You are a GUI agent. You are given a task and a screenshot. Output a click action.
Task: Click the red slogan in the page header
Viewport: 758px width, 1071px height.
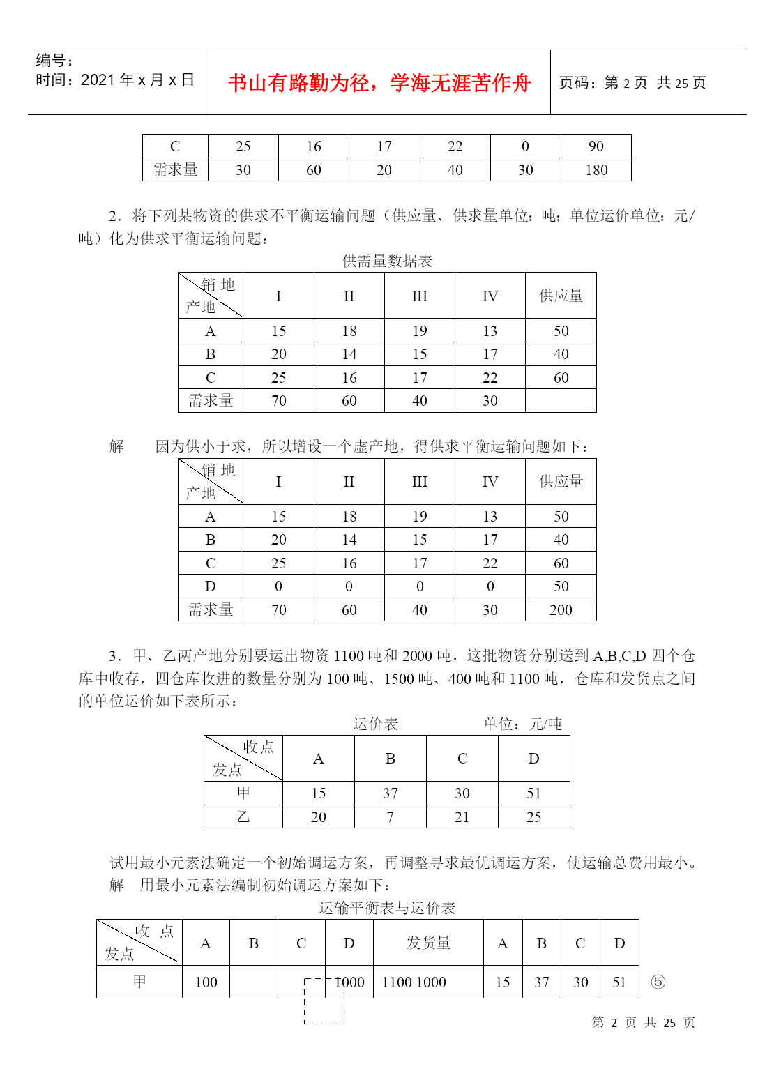[379, 83]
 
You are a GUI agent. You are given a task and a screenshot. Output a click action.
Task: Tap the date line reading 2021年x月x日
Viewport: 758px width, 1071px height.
[115, 80]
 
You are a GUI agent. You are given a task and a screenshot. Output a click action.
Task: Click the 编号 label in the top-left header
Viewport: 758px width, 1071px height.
[54, 61]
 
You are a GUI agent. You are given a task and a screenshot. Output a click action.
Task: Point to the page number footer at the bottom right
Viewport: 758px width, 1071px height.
[643, 1022]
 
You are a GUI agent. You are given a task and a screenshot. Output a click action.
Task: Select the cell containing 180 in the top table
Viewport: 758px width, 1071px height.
[596, 170]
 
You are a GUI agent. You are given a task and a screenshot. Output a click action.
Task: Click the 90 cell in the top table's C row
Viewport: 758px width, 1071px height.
[596, 146]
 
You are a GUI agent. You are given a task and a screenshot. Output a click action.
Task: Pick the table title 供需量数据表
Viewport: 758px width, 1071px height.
[387, 261]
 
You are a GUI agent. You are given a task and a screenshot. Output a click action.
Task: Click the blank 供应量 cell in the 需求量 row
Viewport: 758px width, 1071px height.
[561, 401]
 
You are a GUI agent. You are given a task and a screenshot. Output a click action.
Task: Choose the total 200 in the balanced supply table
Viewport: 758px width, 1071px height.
[561, 610]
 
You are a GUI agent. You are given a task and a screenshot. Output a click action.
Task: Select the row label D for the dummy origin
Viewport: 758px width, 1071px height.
[211, 586]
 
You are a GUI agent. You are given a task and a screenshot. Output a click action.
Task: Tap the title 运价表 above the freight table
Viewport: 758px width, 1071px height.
[375, 724]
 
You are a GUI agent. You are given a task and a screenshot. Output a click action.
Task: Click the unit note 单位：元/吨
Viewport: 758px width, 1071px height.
[522, 724]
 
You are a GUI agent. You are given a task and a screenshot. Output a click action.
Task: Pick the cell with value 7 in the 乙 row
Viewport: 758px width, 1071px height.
[391, 817]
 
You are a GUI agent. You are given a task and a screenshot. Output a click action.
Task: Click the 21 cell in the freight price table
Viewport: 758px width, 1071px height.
[462, 817]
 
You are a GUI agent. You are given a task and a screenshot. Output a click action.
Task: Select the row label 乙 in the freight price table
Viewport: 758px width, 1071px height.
[243, 817]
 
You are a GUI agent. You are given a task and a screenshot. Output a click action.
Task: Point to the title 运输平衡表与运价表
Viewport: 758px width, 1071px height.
[387, 908]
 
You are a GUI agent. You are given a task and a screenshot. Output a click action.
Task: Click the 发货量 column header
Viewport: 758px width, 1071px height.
[428, 943]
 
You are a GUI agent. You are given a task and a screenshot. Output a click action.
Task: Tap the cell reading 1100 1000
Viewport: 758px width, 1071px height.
[414, 982]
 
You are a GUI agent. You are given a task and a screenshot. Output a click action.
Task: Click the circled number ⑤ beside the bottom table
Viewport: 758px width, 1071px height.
[658, 982]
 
